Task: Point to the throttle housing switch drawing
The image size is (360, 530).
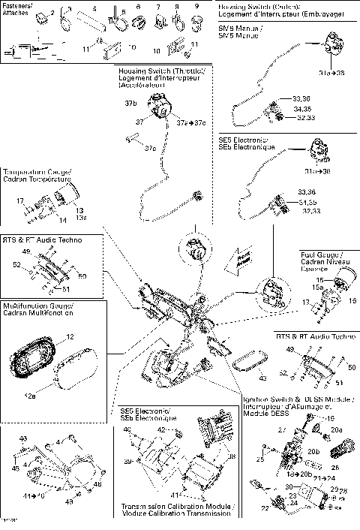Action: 157,110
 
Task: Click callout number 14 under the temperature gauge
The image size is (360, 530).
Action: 63,220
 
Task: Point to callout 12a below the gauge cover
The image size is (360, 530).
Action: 31,396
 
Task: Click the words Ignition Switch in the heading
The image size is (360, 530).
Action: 265,400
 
